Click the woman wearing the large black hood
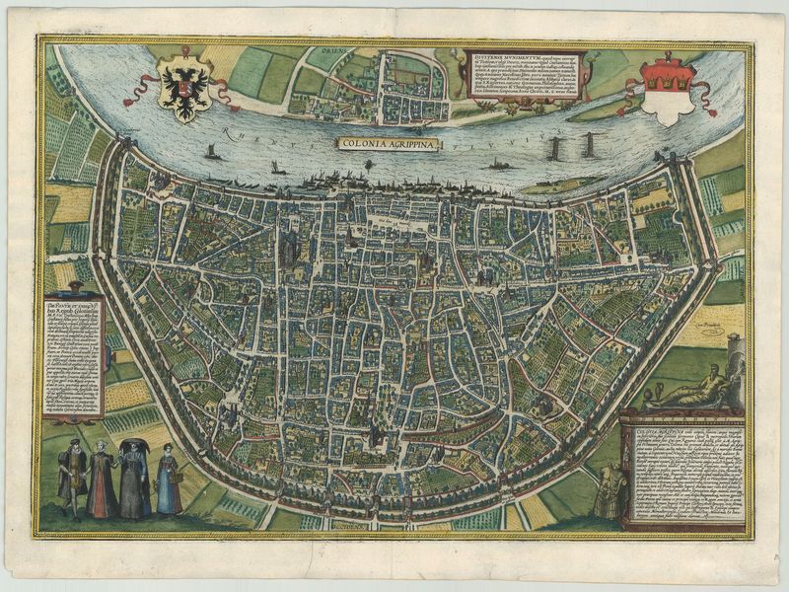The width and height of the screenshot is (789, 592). (x=134, y=479)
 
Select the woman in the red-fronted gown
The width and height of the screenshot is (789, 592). (x=102, y=481)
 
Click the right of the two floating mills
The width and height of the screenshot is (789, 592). (x=589, y=146)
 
